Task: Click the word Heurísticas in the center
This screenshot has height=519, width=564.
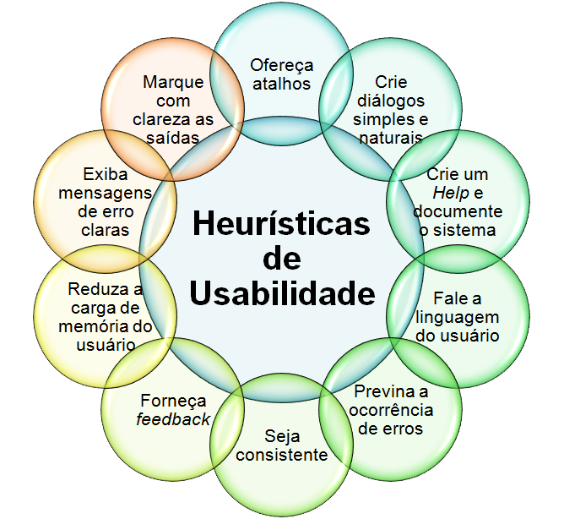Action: click(281, 223)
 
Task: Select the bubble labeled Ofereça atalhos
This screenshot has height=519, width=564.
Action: click(282, 74)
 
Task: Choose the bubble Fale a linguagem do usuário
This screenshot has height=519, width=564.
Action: click(458, 316)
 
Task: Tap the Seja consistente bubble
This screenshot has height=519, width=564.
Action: click(282, 445)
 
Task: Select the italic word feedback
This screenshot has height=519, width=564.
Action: click(172, 419)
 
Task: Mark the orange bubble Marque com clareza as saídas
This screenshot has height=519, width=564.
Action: click(172, 109)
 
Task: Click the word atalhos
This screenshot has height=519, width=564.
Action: click(282, 83)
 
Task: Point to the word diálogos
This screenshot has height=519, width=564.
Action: click(391, 101)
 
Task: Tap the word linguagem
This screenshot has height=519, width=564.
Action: click(458, 316)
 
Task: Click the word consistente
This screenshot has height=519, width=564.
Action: click(282, 455)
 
